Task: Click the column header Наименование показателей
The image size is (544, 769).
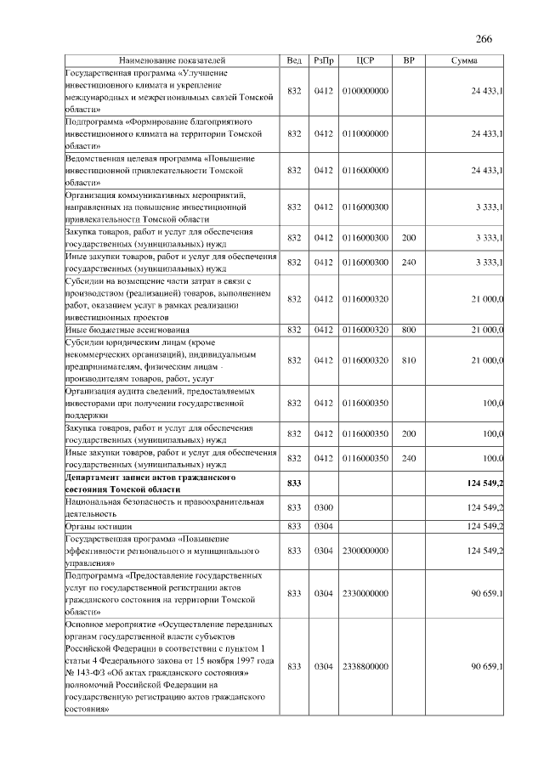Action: point(173,61)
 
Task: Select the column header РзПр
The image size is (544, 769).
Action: point(323,61)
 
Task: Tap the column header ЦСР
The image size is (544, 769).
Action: point(365,61)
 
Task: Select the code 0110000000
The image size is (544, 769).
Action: point(365,134)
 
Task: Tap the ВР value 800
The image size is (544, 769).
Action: point(409,329)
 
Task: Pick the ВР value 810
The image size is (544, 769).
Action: point(409,360)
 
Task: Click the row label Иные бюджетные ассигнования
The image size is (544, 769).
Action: point(128,329)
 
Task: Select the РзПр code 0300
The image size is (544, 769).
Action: point(323,507)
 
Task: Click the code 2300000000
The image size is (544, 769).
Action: point(365,551)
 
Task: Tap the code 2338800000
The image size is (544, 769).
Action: point(365,666)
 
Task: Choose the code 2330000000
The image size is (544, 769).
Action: point(365,593)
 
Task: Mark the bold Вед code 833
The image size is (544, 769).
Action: point(294,483)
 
